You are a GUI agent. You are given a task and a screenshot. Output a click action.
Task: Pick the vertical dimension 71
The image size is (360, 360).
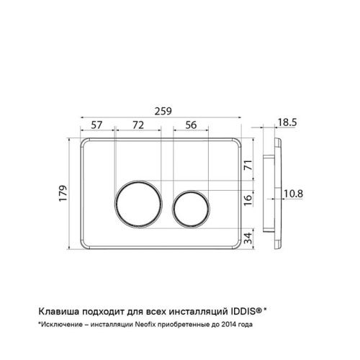[248, 165]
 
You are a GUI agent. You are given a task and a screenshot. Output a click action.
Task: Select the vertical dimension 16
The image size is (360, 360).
[248, 199]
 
